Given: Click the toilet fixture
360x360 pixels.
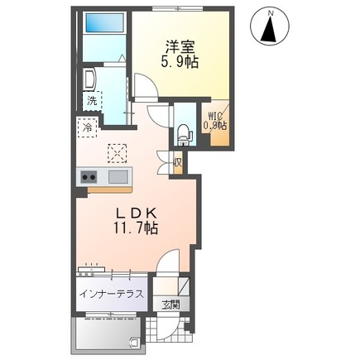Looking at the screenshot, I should [184, 131].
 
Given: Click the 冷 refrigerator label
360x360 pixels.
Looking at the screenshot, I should [87, 128].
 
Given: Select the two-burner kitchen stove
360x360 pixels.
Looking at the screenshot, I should [89, 176].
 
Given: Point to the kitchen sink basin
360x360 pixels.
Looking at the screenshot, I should [118, 176].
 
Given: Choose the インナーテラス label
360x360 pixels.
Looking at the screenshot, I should [112, 293].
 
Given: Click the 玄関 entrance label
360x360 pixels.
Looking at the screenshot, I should [170, 304].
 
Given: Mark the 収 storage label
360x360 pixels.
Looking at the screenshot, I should [178, 162].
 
